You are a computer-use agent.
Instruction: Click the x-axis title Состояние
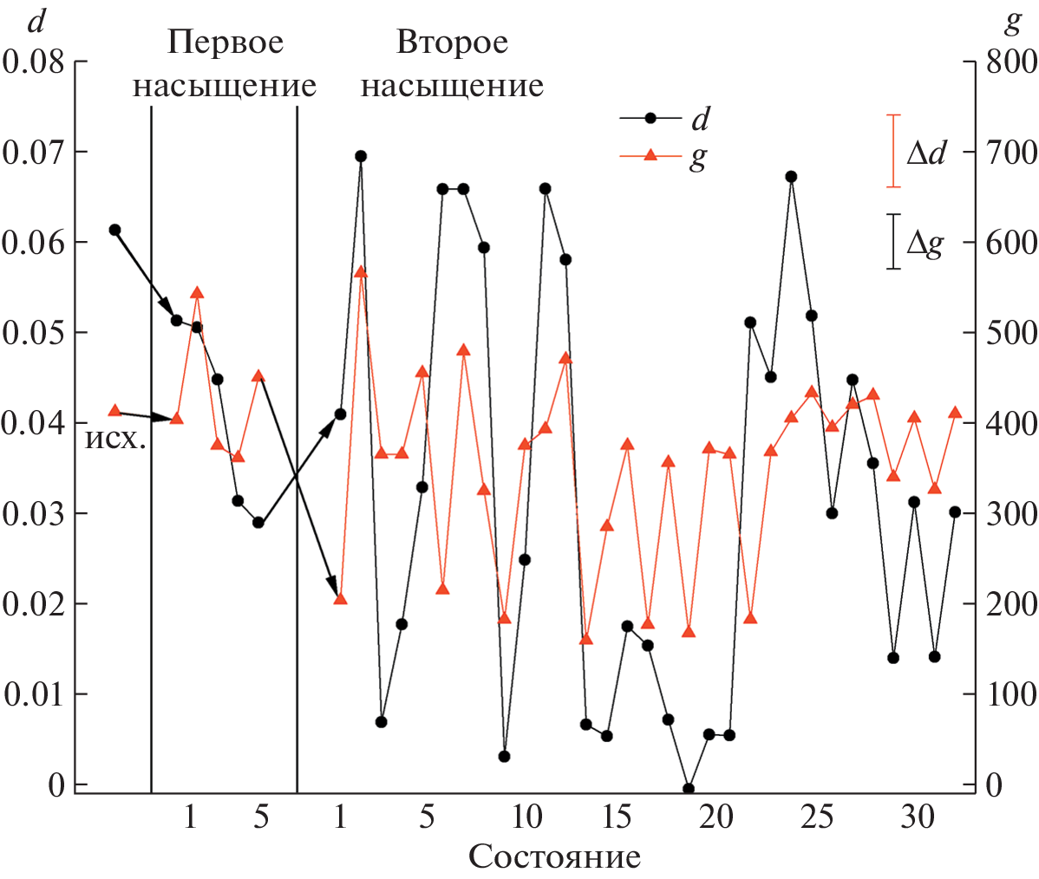(x=555, y=856)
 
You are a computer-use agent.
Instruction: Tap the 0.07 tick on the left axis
(x=35, y=153)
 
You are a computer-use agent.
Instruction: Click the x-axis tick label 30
(x=917, y=817)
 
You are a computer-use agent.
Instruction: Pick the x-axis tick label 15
(x=617, y=817)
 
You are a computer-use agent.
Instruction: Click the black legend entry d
(x=699, y=118)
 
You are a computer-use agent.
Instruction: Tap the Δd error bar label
(x=925, y=153)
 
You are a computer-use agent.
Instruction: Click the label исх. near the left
(x=114, y=438)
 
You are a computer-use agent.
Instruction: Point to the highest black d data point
(x=361, y=156)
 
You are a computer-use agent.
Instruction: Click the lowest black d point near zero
(x=689, y=789)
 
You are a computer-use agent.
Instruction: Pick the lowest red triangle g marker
(x=585, y=639)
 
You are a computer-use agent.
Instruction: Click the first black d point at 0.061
(x=114, y=230)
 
